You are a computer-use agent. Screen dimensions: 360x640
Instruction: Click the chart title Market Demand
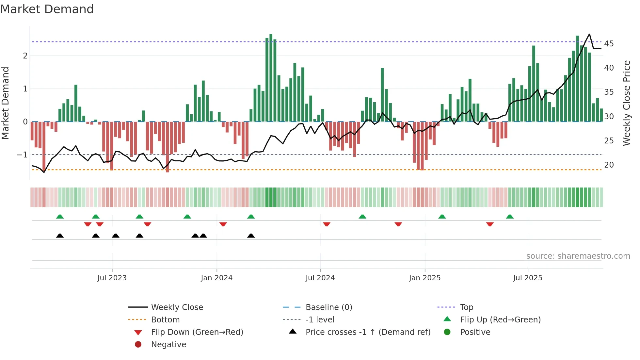tap(47, 9)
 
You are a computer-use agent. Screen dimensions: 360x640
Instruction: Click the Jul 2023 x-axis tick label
tap(112, 278)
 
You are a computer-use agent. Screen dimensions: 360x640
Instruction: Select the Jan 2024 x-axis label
tap(216, 278)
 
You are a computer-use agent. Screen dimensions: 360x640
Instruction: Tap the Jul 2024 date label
tap(320, 278)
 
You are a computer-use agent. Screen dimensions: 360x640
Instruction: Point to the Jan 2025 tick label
tap(424, 278)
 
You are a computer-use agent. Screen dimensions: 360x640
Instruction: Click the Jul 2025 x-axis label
tap(527, 278)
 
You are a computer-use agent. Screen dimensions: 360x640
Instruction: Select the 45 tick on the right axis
tap(609, 44)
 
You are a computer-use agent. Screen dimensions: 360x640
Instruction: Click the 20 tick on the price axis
tap(609, 165)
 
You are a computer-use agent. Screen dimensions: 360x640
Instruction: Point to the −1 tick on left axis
tap(22, 155)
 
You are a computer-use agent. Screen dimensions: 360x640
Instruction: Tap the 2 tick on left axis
tap(25, 56)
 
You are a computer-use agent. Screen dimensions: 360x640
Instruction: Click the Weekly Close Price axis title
tap(626, 103)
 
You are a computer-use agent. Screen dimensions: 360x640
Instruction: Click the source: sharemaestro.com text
tap(578, 256)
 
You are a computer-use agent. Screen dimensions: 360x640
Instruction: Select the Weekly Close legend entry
tap(177, 307)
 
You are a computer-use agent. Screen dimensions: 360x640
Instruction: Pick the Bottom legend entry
tap(165, 320)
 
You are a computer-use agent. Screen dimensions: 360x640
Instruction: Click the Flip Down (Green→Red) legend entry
tap(197, 332)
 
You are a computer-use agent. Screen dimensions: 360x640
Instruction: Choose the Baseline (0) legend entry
tap(328, 307)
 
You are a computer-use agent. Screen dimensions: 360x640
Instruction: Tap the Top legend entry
tap(467, 307)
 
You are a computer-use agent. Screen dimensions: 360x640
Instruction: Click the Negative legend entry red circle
tap(138, 345)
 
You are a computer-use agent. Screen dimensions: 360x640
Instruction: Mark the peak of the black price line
tap(589, 34)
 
